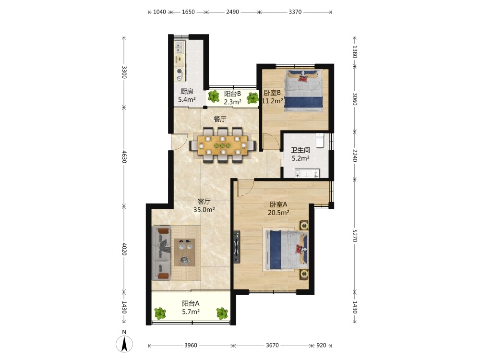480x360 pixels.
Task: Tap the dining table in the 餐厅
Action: (223, 145)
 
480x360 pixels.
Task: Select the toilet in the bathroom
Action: (320, 141)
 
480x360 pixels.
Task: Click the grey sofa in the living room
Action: (161, 253)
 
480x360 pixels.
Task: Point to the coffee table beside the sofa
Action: (185, 252)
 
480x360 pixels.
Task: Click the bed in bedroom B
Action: (303, 91)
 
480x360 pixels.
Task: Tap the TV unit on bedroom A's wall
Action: (237, 247)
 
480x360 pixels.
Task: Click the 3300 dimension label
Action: (124, 72)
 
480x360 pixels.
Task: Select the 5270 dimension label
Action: (355, 235)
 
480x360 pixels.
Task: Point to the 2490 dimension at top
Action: (232, 12)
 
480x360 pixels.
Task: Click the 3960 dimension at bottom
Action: (191, 345)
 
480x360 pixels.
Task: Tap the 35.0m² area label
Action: (204, 210)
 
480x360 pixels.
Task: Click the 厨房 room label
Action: (187, 91)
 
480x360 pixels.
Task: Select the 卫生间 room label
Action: (300, 150)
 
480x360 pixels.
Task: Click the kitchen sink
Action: (180, 47)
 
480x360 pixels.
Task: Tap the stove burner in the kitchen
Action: (180, 72)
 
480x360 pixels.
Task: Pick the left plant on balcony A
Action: (160, 313)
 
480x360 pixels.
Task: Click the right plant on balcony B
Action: (253, 98)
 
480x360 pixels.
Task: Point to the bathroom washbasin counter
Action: (307, 174)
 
